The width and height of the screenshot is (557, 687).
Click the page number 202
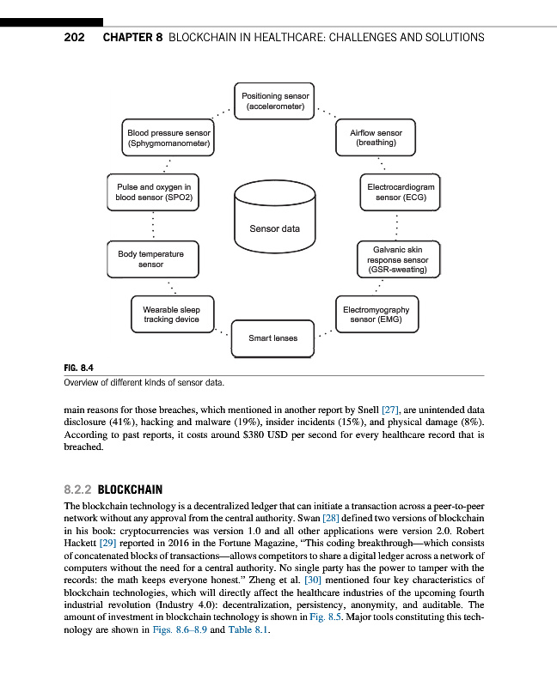tap(74, 38)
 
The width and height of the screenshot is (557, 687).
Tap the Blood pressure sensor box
tap(168, 139)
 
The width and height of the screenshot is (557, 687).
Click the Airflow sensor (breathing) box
tap(376, 139)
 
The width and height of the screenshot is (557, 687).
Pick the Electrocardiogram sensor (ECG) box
tap(401, 192)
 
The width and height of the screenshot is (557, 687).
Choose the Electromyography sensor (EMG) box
tap(376, 314)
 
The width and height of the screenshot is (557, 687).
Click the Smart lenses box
tap(272, 338)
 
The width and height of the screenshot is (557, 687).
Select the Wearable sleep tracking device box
tap(171, 314)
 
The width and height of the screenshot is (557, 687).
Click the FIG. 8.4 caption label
tap(78, 368)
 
